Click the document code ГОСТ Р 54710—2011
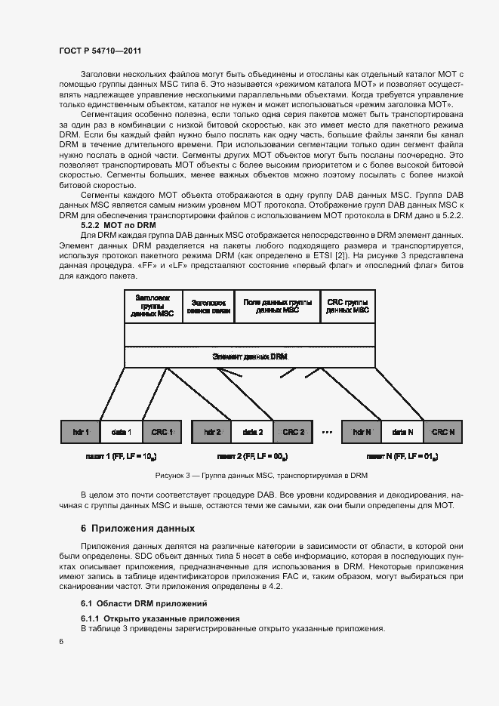100,51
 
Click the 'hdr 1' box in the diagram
81,432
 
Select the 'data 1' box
122,432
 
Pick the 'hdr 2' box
212,432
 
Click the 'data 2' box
252,432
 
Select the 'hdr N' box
362,432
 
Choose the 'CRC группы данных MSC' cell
348,306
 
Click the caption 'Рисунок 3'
261,476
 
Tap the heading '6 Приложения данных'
138,528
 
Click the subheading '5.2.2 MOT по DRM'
118,225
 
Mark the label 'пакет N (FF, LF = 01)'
402,457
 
